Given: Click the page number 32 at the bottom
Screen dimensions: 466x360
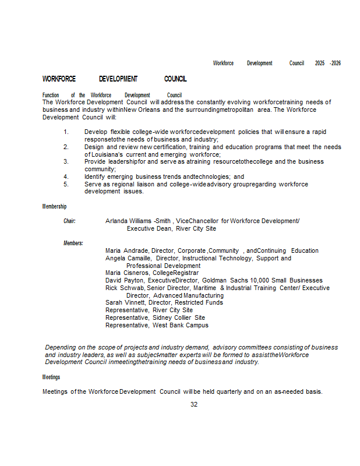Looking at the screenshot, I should coord(194,404).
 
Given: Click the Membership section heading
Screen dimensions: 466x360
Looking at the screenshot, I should coord(54,206).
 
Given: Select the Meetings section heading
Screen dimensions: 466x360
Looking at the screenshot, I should coord(51,377).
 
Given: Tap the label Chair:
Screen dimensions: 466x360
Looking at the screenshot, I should coord(69,221).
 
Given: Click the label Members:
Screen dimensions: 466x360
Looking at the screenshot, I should coord(73,243).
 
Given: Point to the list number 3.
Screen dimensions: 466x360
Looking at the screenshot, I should coord(66,161).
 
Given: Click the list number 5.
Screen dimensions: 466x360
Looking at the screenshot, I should coord(66,184).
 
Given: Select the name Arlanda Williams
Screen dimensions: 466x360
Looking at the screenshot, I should coord(128,221).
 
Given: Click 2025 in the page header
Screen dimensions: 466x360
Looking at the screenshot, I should coord(320,63).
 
